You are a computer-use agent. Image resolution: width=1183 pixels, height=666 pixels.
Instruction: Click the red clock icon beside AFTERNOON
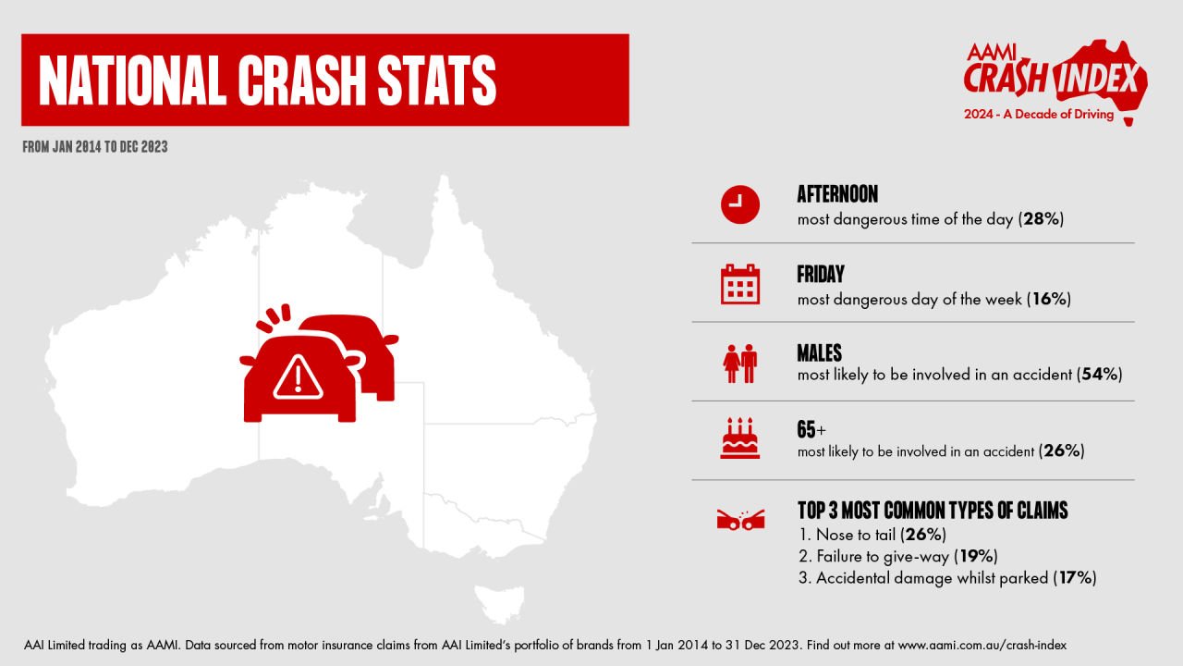[x=740, y=204]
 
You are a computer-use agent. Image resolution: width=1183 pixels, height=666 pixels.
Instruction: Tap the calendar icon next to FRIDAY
[x=740, y=284]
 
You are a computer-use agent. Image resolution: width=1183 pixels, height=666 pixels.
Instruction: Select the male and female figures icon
[x=740, y=364]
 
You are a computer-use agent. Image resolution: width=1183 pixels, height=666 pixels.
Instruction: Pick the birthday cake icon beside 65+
[x=740, y=438]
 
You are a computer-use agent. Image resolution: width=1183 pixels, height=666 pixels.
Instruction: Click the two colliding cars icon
[x=740, y=520]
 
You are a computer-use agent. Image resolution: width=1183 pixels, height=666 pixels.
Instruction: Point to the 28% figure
[x=1041, y=219]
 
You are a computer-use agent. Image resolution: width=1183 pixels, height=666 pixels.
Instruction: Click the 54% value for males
[x=1100, y=375]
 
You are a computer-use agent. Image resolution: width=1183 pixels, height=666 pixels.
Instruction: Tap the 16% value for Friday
[x=1049, y=299]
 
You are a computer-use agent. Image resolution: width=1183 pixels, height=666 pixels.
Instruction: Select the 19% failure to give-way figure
[x=975, y=556]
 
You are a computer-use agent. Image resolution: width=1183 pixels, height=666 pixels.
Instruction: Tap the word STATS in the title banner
[x=437, y=80]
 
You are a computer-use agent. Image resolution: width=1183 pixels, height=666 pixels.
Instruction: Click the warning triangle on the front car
[x=298, y=376]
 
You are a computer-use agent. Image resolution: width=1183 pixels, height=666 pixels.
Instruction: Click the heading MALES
[x=819, y=353]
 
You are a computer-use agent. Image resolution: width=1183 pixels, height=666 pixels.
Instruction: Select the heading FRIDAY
[x=820, y=274]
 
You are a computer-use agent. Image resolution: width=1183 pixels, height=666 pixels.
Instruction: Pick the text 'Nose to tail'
[x=856, y=535]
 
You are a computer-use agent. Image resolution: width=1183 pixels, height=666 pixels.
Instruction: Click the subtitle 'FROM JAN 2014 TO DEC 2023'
[x=95, y=146]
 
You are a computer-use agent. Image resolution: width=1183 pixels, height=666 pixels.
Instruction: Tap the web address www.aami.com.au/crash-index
[x=982, y=646]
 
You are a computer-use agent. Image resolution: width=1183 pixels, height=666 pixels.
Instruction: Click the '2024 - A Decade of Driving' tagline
[x=1038, y=114]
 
